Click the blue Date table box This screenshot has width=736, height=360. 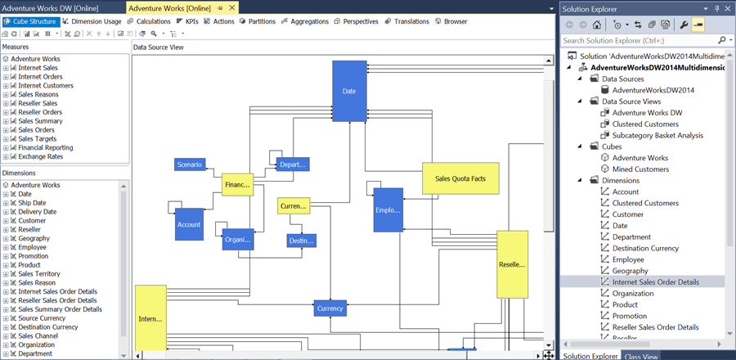coord(349,91)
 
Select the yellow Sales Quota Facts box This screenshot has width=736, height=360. coord(460,178)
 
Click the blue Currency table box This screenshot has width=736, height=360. coord(330,308)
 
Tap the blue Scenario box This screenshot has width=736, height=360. coord(190,164)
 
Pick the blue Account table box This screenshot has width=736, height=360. coord(189,224)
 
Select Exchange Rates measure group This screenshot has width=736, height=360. coord(40,156)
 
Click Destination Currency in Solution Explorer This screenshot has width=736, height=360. coord(657,248)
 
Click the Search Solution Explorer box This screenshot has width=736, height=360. coord(638,40)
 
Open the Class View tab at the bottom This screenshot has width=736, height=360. coord(642,356)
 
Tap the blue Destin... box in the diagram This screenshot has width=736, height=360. coord(302,241)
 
